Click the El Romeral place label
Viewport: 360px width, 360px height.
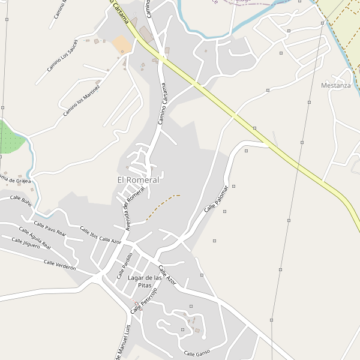click(139, 180)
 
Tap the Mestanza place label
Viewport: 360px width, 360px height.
click(336, 86)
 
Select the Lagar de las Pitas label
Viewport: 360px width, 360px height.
click(145, 281)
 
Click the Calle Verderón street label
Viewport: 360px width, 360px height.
click(59, 265)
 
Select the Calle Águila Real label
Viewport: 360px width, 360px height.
click(35, 238)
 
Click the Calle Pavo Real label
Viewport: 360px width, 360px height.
click(50, 229)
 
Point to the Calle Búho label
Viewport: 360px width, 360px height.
click(20, 201)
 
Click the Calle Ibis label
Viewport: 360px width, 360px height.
click(89, 233)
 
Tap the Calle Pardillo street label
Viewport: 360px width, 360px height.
click(124, 266)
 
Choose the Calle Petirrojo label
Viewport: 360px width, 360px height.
click(144, 300)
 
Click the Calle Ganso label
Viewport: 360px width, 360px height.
click(197, 353)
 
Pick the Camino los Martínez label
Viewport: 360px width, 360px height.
click(82, 97)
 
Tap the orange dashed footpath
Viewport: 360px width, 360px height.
click(161, 205)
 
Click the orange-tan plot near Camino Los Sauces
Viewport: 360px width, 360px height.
click(122, 44)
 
